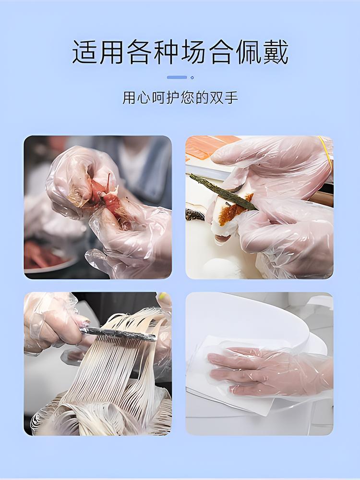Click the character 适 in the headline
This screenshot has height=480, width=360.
[x=84, y=52]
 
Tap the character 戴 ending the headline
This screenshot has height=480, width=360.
[x=276, y=52]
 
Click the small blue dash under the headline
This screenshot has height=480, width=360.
[x=177, y=77]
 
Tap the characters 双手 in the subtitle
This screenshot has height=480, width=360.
[x=224, y=98]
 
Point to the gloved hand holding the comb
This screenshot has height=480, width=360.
[x=50, y=320]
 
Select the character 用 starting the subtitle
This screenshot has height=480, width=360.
[x=129, y=98]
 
